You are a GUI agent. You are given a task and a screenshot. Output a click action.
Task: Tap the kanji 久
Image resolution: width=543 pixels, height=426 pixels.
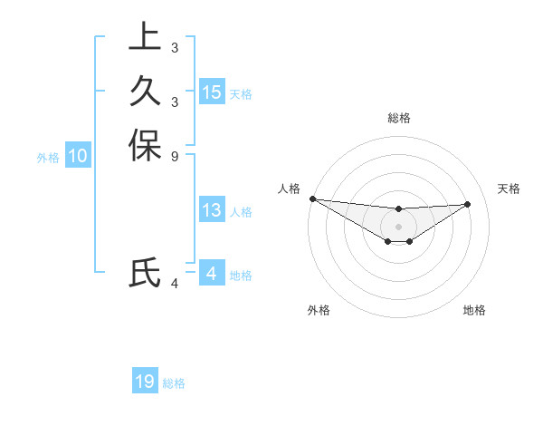[x=145, y=92]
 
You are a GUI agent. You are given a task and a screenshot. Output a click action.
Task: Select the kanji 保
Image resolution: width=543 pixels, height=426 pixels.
[x=145, y=146]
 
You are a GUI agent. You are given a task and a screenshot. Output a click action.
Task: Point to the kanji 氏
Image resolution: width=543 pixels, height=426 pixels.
[x=145, y=273]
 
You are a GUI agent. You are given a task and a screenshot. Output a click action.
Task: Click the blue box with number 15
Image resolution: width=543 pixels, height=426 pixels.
[x=212, y=92]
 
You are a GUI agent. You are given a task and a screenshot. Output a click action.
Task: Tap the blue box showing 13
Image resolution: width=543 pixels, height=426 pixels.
[x=212, y=210]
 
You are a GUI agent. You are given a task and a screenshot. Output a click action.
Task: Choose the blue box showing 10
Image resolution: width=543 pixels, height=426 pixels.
[x=78, y=156]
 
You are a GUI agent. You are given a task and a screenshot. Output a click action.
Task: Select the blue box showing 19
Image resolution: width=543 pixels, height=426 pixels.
[x=145, y=382]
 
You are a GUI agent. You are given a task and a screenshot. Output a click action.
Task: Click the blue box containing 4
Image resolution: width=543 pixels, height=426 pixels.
[x=212, y=273]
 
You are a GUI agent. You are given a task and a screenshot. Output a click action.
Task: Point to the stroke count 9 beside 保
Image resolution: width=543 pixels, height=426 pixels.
[x=174, y=156]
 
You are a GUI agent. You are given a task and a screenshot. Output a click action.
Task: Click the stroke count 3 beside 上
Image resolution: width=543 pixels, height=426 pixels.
[x=174, y=47]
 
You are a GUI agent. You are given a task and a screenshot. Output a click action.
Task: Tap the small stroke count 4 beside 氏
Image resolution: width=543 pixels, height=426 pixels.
[x=174, y=284]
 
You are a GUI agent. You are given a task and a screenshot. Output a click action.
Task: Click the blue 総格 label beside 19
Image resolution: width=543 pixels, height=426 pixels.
[x=174, y=383]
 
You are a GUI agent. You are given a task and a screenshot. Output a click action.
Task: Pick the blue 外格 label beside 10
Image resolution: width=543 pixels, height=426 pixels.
[x=48, y=158]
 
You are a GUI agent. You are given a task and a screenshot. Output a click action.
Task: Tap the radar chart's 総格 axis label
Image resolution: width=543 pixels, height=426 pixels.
[x=398, y=118]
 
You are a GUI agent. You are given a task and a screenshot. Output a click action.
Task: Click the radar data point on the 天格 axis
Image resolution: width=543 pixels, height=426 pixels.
[x=468, y=203]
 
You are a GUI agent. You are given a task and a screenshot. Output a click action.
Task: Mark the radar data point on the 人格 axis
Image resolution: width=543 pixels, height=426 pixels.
[x=312, y=198]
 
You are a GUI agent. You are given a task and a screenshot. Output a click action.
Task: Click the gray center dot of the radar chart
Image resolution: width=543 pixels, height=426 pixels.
[x=398, y=227]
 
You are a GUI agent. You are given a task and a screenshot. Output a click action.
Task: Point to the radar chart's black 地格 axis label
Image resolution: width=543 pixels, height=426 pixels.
[x=474, y=310]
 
